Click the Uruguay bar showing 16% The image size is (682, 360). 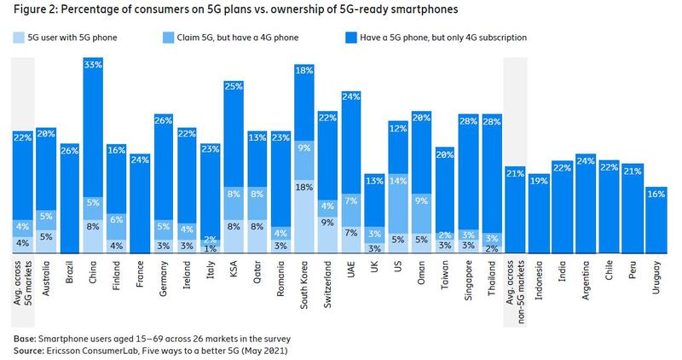coord(656,222)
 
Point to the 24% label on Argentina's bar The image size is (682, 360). coord(585,160)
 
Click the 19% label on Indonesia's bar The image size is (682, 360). coord(538,179)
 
